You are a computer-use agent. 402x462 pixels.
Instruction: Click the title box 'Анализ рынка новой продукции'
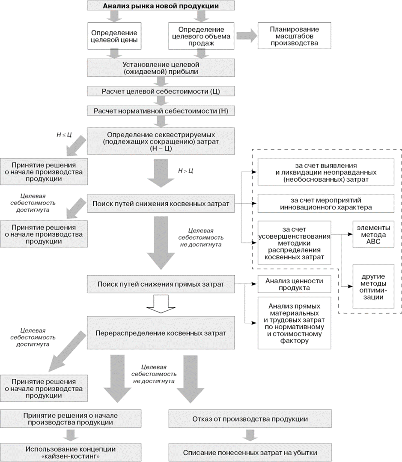click(161, 6)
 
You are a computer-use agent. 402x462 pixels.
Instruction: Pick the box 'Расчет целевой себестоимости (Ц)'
click(161, 92)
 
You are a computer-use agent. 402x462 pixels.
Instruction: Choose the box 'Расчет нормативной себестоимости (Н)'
click(161, 111)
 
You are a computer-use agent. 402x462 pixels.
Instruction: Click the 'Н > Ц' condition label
click(185, 171)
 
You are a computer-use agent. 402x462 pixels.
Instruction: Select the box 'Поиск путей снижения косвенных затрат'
click(161, 204)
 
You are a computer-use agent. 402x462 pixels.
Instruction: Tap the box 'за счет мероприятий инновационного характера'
click(323, 203)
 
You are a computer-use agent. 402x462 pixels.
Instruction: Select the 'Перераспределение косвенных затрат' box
click(161, 332)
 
